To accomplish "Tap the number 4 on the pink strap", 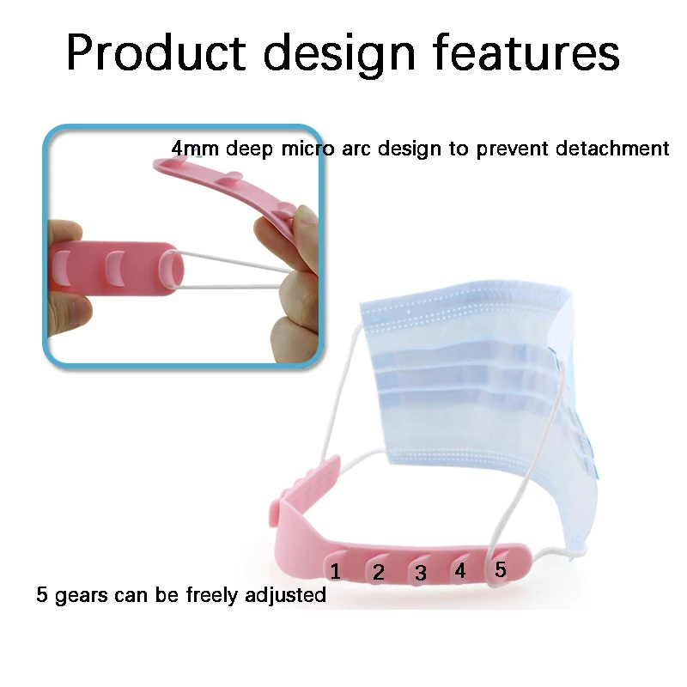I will coord(459,570).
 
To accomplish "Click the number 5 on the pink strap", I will coord(500,568).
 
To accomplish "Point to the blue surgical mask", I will coord(464,378).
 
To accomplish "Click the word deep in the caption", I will coord(248,149).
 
